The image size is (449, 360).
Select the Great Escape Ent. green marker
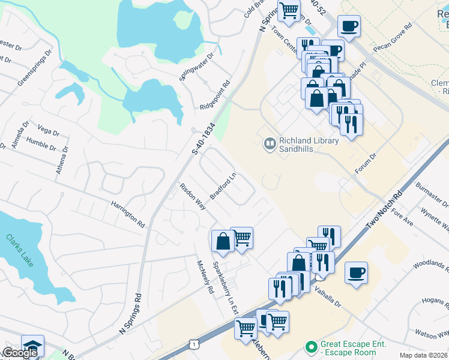(310, 347)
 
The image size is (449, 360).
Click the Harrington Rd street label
(128, 214)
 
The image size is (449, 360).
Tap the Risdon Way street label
(193, 197)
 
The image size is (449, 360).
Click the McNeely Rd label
(206, 277)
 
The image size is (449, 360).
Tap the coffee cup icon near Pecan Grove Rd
(349, 26)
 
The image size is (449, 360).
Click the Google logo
(20, 353)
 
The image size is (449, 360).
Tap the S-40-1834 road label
(203, 139)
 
